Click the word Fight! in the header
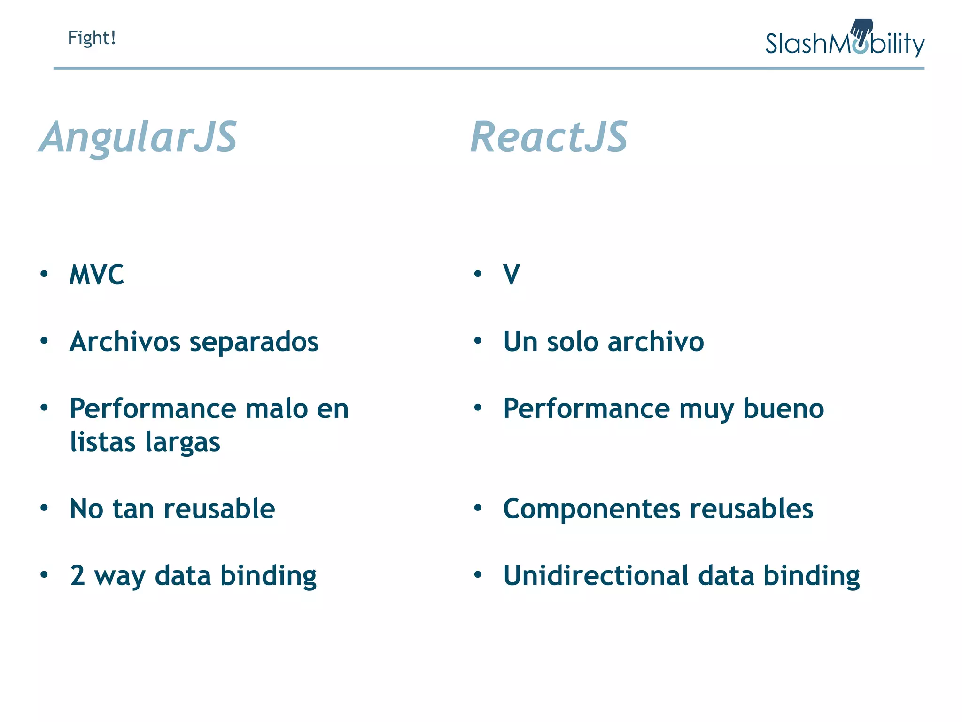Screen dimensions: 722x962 tap(92, 38)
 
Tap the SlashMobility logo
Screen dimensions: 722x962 tap(845, 41)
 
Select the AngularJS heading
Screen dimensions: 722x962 tap(138, 137)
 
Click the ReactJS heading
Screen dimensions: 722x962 tap(549, 137)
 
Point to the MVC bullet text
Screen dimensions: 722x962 tap(97, 275)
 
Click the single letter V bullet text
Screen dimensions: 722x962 tap(512, 275)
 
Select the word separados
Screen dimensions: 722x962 tap(254, 342)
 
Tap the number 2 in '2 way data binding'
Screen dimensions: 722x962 tap(78, 576)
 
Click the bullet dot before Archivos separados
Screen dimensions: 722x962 tap(44, 341)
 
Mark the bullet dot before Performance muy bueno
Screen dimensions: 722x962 tap(478, 408)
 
